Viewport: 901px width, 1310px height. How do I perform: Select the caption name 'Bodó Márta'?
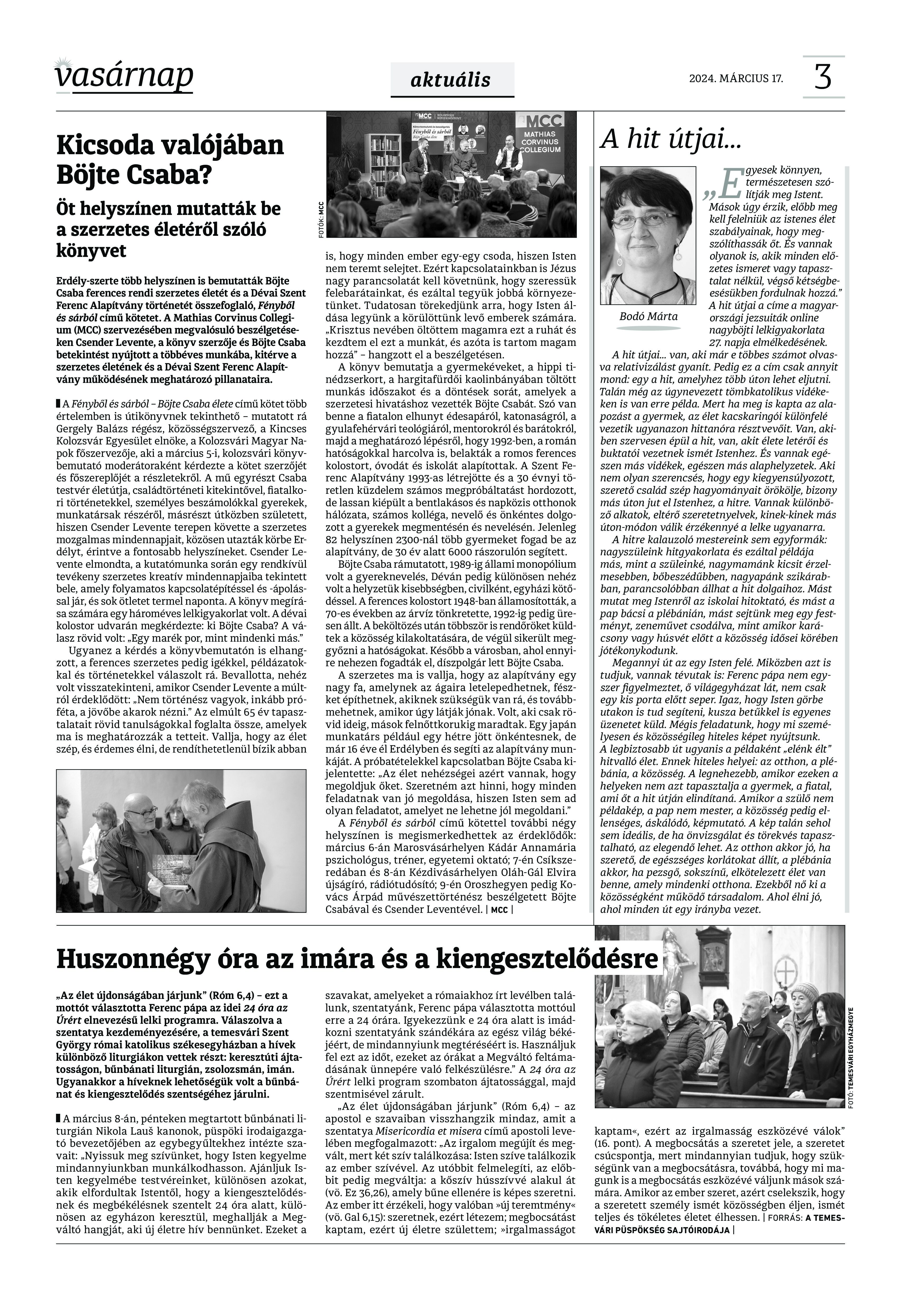pos(648,316)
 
